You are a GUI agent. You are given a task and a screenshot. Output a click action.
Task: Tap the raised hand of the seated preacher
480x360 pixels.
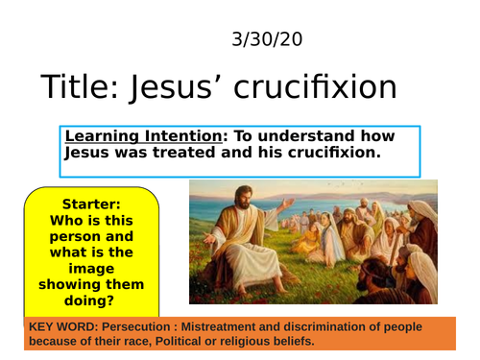tap(286, 202)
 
